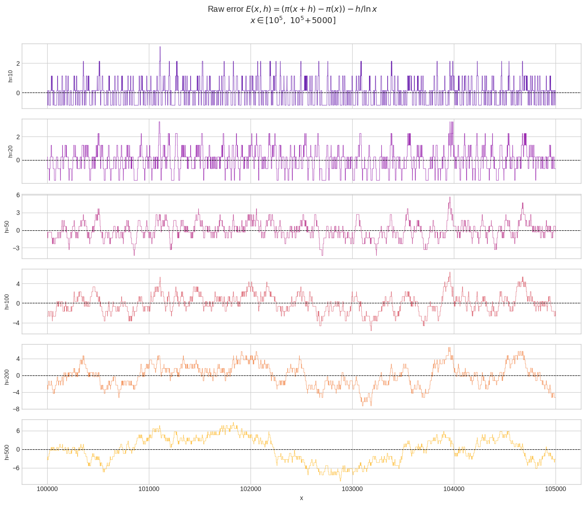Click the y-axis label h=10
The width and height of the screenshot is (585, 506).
click(x=10, y=76)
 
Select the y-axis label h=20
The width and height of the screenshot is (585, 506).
click(x=10, y=151)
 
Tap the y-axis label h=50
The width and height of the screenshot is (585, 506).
click(x=7, y=227)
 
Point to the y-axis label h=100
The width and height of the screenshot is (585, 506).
click(x=7, y=302)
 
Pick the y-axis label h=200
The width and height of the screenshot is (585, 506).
click(x=7, y=377)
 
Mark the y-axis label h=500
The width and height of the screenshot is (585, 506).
click(x=7, y=452)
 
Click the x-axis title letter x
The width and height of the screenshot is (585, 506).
click(x=301, y=498)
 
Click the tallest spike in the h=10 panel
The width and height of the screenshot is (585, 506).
click(x=160, y=48)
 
